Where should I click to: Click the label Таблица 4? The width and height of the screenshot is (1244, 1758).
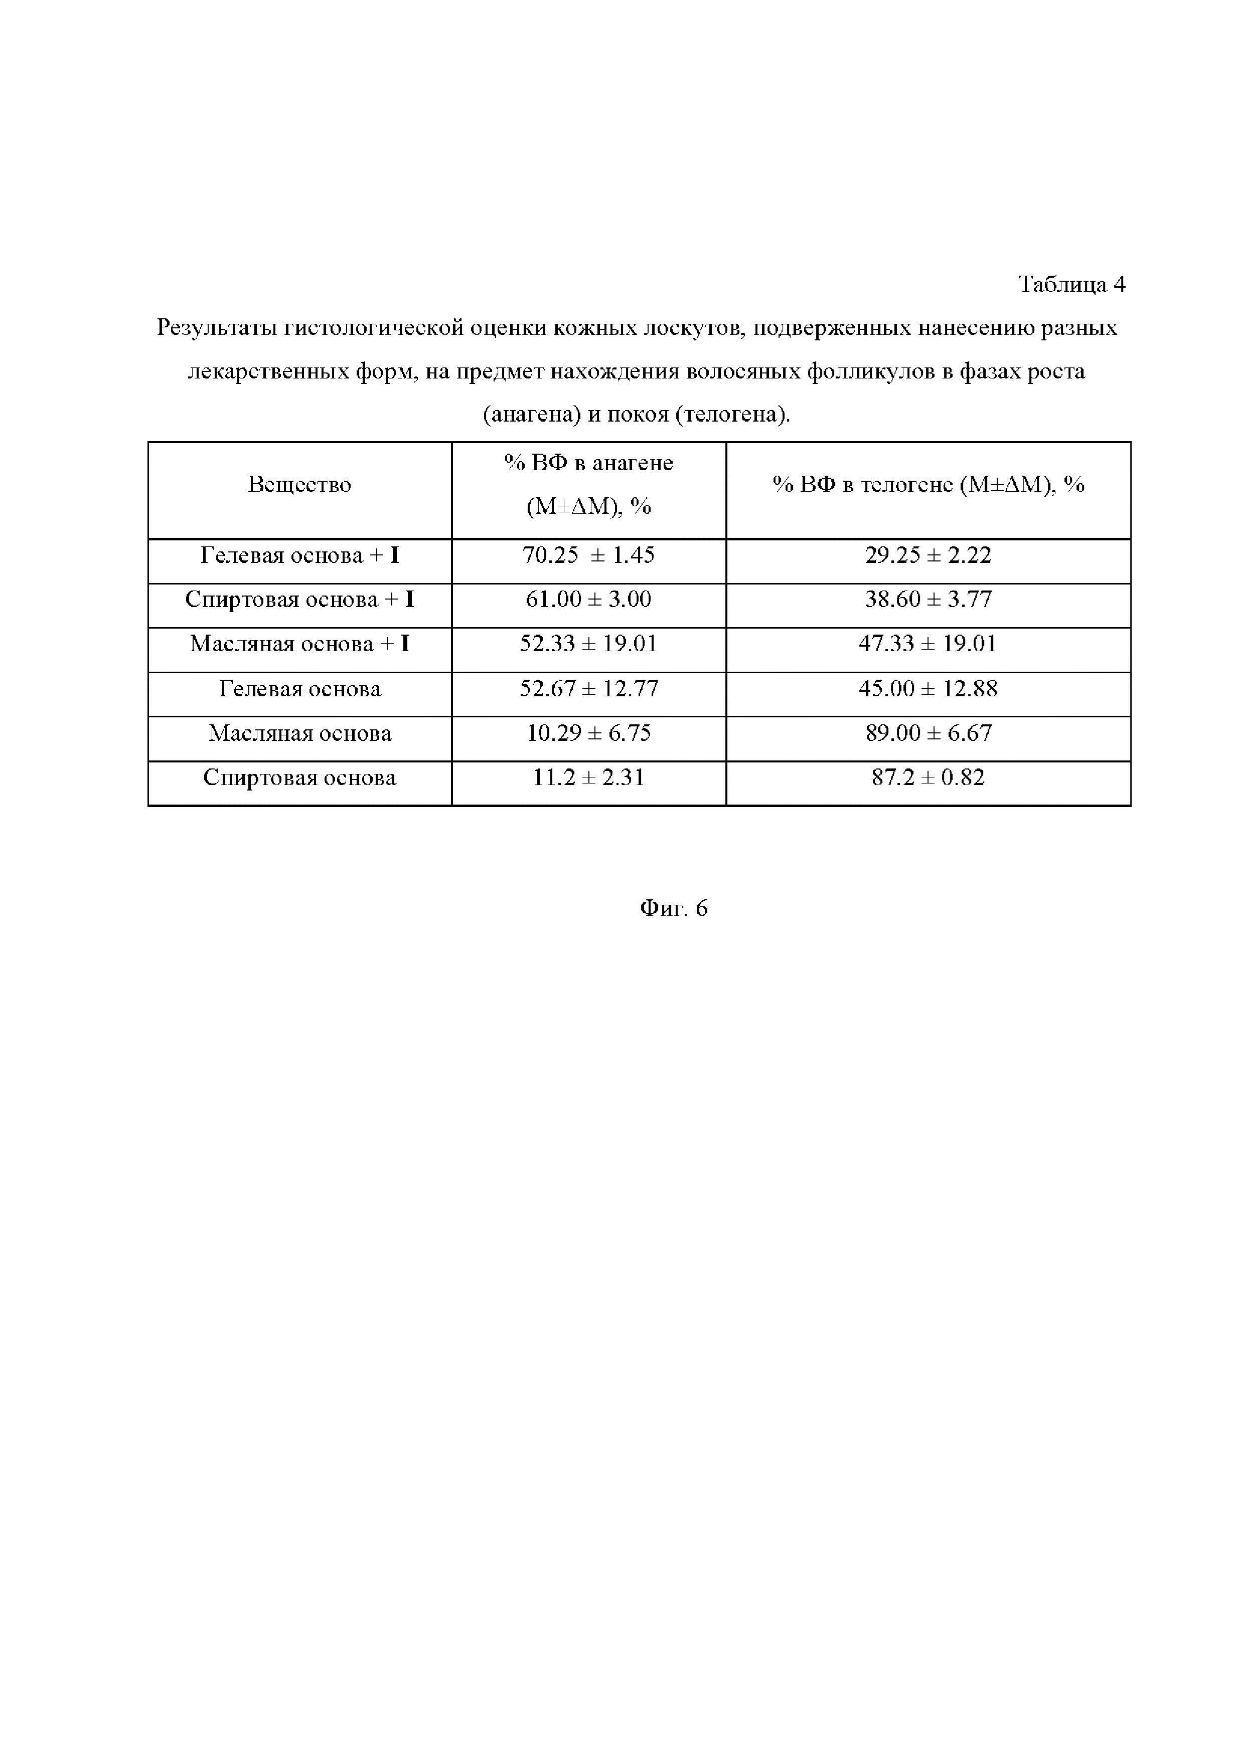[1071, 285]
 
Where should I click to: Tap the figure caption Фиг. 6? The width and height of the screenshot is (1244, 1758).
[673, 908]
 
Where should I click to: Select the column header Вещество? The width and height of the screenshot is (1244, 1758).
[299, 485]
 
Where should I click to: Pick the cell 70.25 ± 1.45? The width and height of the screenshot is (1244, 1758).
[588, 555]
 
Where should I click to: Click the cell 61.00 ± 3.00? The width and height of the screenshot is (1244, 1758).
[588, 600]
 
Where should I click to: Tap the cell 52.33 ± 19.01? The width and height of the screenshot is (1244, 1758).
[588, 644]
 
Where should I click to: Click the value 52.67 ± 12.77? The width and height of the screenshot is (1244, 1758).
[588, 688]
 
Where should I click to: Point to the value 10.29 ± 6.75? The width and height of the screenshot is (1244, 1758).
[588, 733]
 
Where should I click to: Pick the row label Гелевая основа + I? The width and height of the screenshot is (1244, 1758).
[299, 555]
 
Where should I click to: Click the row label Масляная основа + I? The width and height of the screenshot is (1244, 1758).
[299, 644]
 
